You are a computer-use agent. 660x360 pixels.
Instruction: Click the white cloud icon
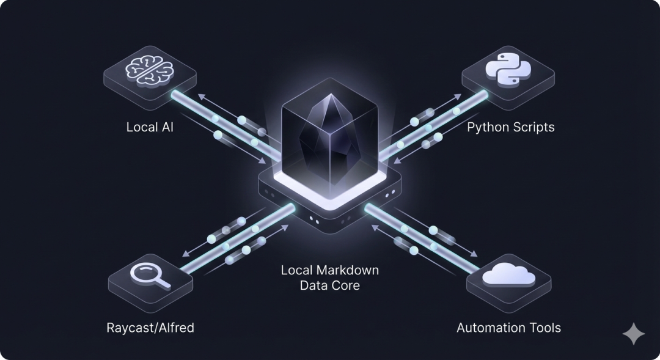click(508, 276)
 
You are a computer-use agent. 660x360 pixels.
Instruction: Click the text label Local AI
click(150, 128)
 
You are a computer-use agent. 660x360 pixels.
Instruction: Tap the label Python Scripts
click(511, 128)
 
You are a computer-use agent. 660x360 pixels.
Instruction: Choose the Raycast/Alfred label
click(150, 328)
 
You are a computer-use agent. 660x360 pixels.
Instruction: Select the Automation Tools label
click(508, 328)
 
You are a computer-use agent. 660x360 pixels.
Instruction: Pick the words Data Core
click(330, 285)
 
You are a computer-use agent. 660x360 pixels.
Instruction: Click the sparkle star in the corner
click(633, 334)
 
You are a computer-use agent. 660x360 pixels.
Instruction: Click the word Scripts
click(533, 128)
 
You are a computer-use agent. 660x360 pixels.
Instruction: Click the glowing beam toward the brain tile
click(220, 121)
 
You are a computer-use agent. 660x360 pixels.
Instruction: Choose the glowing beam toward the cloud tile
click(422, 238)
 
